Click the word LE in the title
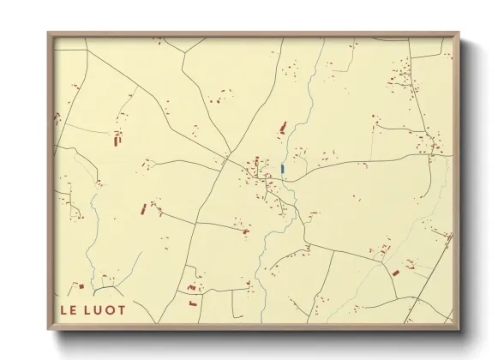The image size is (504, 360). click(x=68, y=309)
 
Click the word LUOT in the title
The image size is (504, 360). click(x=105, y=309)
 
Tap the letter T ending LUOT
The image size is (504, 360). click(x=121, y=309)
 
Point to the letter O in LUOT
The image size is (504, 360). click(x=110, y=309)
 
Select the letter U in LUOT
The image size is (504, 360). click(x=99, y=309)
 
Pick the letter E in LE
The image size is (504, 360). click(x=73, y=309)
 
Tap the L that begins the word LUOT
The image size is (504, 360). click(x=87, y=309)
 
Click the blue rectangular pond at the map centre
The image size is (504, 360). click(x=282, y=169)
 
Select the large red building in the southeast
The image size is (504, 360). click(x=395, y=273)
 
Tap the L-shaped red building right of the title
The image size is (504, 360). click(x=193, y=302)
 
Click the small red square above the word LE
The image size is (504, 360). click(x=80, y=286)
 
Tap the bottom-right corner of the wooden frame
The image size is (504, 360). click(x=458, y=330)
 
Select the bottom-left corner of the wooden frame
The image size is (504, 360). click(x=49, y=330)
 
